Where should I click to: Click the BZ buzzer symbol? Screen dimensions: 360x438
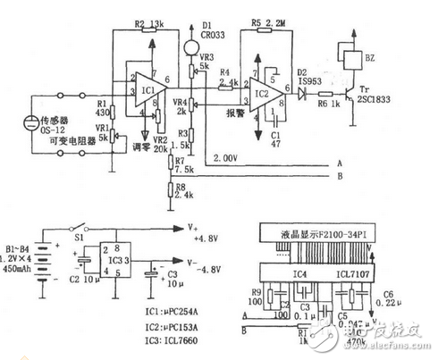click(343, 57)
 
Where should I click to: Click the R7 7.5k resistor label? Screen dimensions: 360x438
click(184, 167)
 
